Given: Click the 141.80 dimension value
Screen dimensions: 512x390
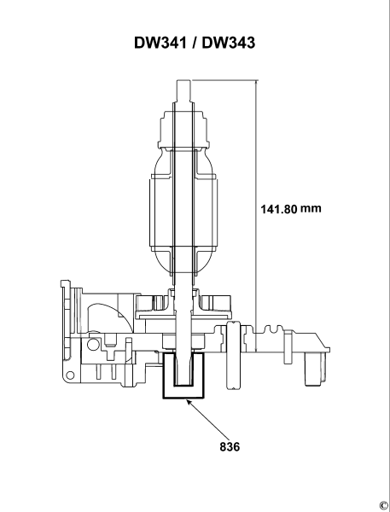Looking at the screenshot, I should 278,208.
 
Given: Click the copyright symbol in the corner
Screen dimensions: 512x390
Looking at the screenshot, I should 383,503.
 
